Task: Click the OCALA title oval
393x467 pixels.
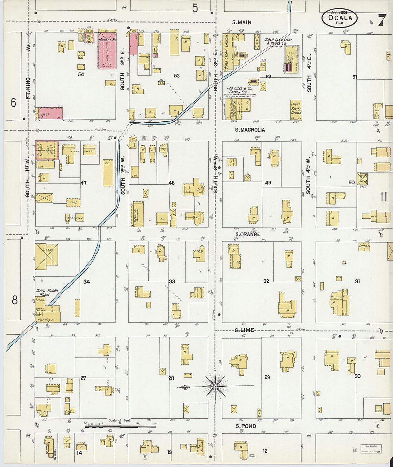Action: pyautogui.click(x=339, y=18)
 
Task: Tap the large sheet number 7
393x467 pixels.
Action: pyautogui.click(x=382, y=20)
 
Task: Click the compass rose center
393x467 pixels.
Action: pyautogui.click(x=215, y=386)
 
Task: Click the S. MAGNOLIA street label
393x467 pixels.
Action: pyautogui.click(x=250, y=130)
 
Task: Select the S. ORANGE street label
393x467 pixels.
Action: pyautogui.click(x=248, y=234)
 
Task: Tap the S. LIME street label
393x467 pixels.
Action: pyautogui.click(x=245, y=330)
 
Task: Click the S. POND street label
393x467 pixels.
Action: pyautogui.click(x=246, y=426)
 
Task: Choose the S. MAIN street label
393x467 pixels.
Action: pyautogui.click(x=242, y=22)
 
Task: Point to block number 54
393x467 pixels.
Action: pyautogui.click(x=81, y=74)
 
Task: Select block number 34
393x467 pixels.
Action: pyautogui.click(x=86, y=282)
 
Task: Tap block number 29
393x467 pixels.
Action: pyautogui.click(x=267, y=377)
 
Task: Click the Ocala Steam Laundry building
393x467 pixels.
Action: pyautogui.click(x=226, y=52)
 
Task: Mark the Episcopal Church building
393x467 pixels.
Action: pyautogui.click(x=295, y=110)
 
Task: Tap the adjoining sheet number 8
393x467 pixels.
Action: pyautogui.click(x=14, y=300)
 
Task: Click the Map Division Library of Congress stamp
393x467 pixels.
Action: pyautogui.click(x=371, y=449)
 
